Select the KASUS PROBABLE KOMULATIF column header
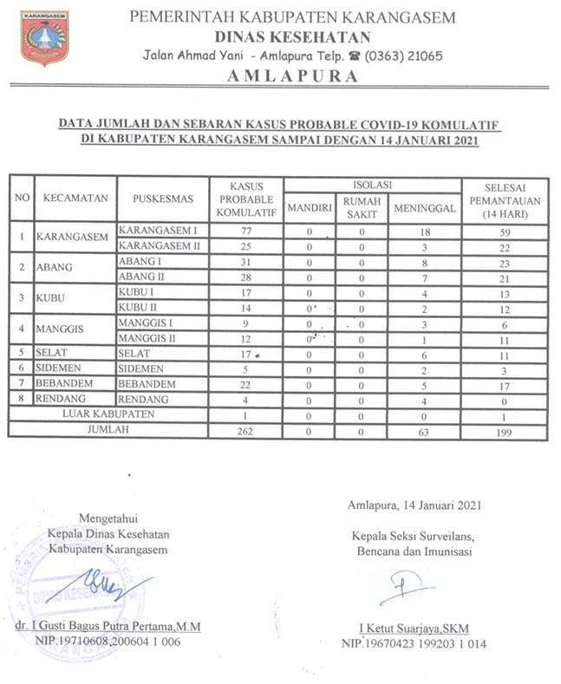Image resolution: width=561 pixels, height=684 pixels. (x=245, y=199)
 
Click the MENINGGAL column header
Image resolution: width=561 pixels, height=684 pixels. (x=423, y=208)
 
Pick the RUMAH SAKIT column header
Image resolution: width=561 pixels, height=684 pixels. (x=362, y=208)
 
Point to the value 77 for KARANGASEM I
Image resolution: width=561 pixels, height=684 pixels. (x=245, y=231)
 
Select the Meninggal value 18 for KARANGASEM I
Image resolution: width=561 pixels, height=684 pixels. (x=423, y=231)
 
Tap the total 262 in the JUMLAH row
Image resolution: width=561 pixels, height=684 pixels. (x=245, y=431)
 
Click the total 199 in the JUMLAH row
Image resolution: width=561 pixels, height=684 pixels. (x=505, y=431)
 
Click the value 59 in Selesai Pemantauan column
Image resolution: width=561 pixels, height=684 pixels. (x=505, y=231)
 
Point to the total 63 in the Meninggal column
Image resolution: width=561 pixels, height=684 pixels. (x=423, y=431)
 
